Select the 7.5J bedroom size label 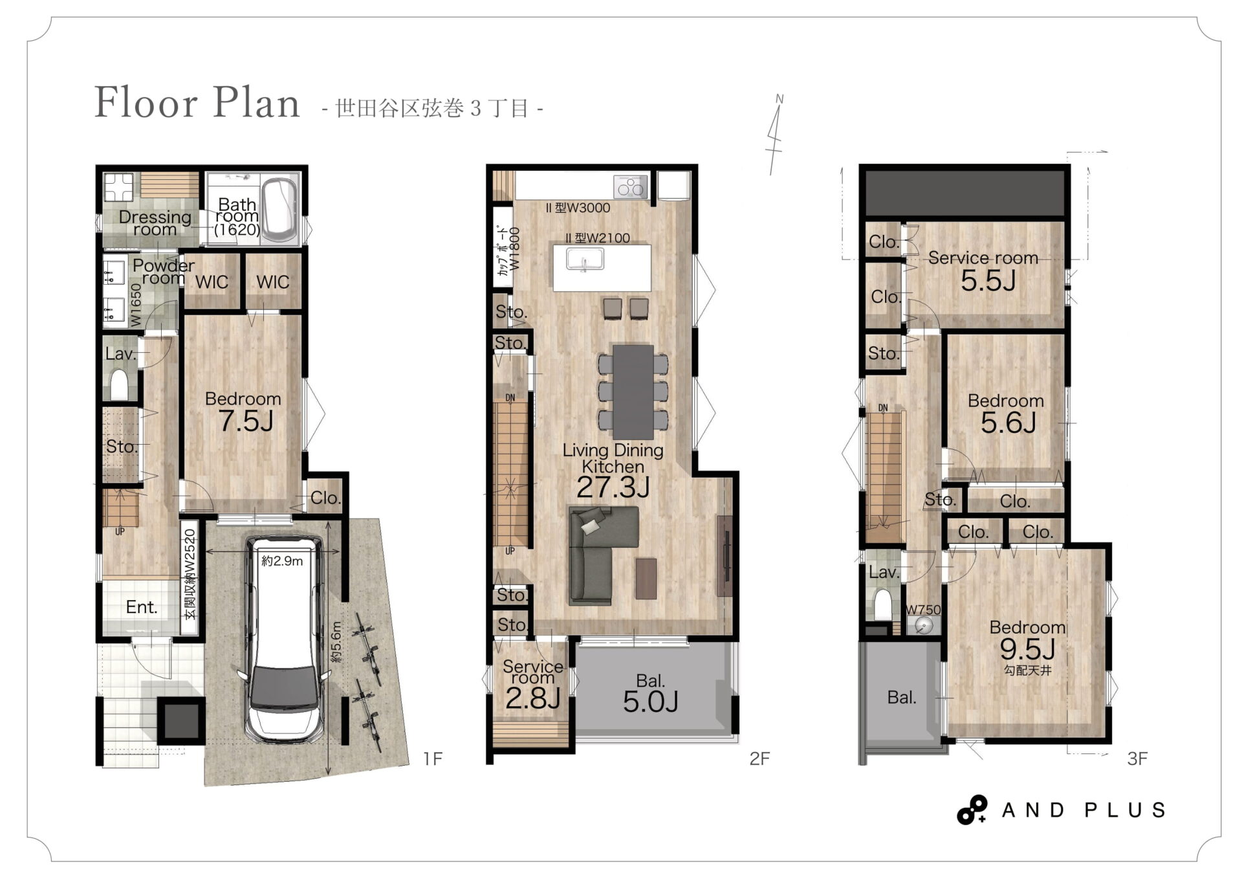coord(246,422)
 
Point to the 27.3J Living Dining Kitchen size coord(613,487)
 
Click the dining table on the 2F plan coord(633,392)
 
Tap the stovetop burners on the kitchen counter coord(631,188)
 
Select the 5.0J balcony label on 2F coord(650,702)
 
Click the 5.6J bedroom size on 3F coord(1008,423)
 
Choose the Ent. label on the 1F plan coord(142,607)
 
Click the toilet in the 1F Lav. coord(120,384)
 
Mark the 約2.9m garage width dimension coord(282,561)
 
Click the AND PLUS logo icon coord(972,810)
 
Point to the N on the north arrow coord(779,99)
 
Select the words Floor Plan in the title coord(197,102)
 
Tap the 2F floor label coord(759,759)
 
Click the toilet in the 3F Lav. coord(882,605)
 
